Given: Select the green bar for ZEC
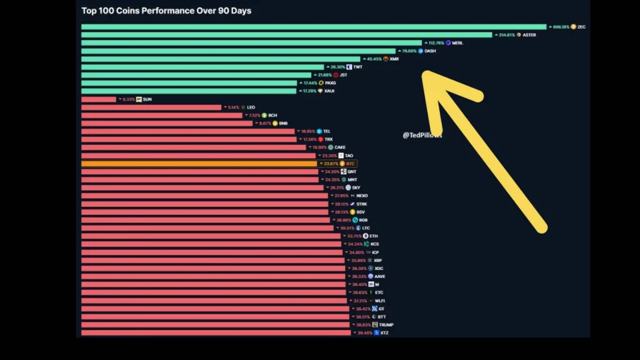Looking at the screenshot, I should click(x=312, y=27).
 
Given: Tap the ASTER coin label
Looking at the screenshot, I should click(x=529, y=35).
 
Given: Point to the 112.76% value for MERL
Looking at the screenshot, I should click(x=436, y=43).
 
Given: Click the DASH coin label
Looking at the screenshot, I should click(x=430, y=51).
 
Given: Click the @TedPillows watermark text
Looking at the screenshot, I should click(x=422, y=135).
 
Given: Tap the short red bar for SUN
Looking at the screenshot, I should click(x=99, y=99).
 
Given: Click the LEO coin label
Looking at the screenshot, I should click(x=251, y=107).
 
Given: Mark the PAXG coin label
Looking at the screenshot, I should click(x=330, y=83).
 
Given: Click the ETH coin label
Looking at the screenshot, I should click(x=366, y=236).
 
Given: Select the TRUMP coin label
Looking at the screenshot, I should click(x=386, y=325).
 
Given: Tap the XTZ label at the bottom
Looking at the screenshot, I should click(x=384, y=333).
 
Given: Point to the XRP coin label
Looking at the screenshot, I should click(x=377, y=261).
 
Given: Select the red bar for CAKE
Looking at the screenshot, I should click(x=193, y=147).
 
